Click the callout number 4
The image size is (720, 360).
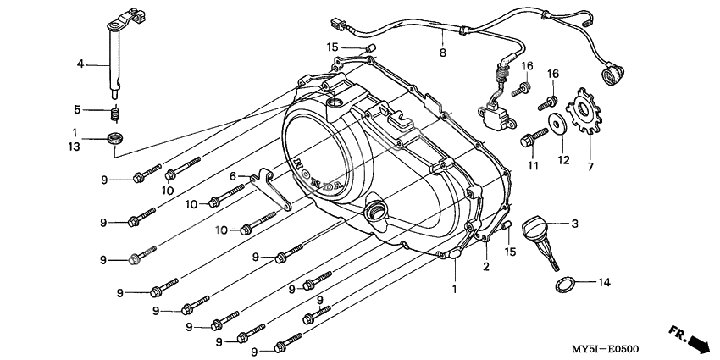pos(80,64)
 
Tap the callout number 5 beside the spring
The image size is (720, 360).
pos(76,109)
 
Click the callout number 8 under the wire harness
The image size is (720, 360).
pos(441,53)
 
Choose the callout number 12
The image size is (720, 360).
pos(558,159)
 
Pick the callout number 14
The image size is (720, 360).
pos(604,282)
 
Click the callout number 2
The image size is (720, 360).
pos(486,268)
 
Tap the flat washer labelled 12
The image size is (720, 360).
pos(559,124)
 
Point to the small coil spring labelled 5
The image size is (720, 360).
pos(114,114)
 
